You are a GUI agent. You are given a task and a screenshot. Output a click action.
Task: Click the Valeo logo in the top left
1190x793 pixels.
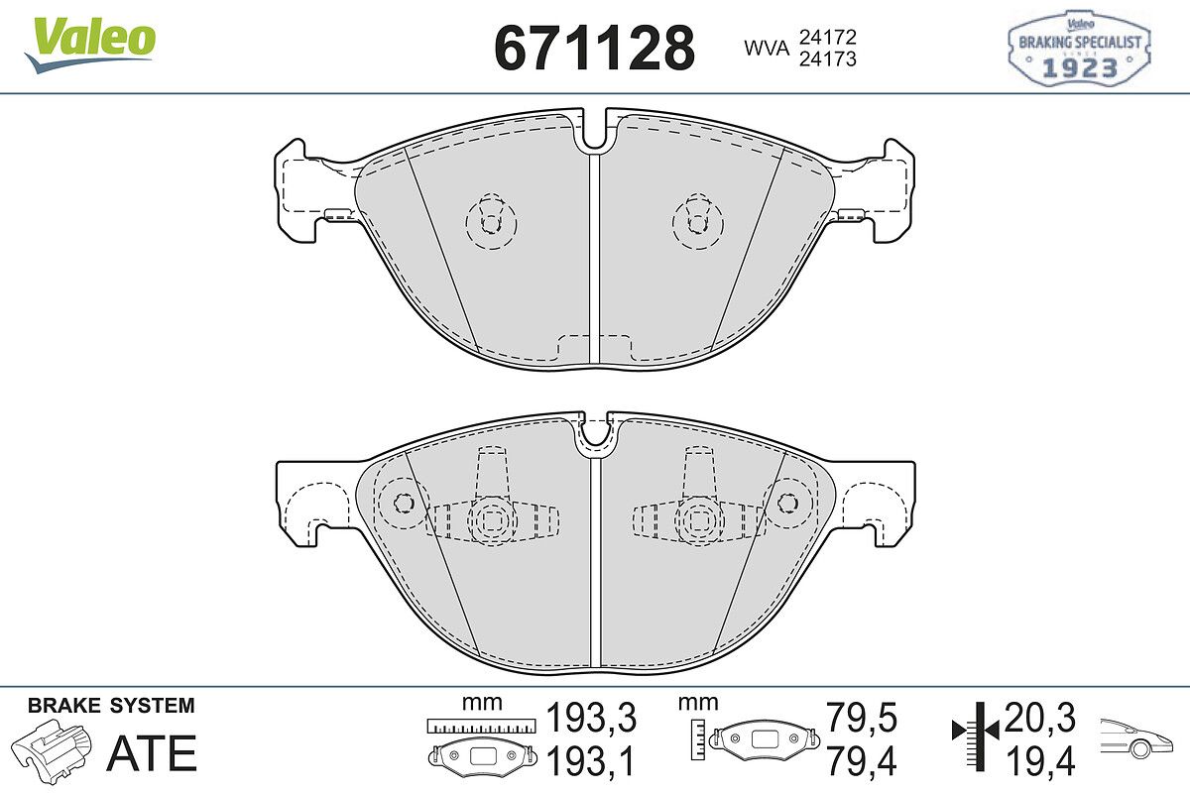point(89,45)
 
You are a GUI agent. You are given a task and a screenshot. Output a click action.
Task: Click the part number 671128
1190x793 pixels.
point(594,49)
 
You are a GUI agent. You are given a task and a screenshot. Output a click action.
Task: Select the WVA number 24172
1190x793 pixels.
point(828,37)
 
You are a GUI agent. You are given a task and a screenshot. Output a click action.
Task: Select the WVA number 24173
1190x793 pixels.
point(828,58)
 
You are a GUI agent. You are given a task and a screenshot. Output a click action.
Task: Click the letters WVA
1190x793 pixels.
point(767,49)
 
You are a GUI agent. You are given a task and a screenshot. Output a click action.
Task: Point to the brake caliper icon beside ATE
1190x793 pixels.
point(52,749)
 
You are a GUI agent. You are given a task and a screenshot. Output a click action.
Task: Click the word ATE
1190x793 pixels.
point(152,752)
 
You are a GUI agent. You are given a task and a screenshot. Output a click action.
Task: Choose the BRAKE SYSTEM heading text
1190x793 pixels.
point(111,706)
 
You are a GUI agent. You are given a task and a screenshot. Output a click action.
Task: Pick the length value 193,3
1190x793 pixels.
point(591,717)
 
